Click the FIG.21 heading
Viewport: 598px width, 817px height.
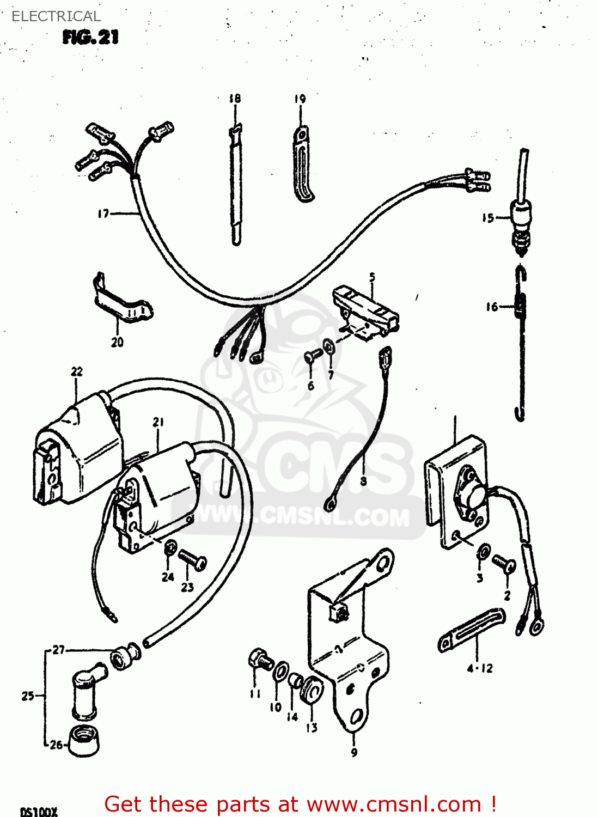pos(90,37)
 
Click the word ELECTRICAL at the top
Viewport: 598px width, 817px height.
pos(56,16)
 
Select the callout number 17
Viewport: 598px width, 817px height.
pos(103,214)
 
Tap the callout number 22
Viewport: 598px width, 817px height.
pos(77,371)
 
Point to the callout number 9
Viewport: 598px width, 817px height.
pos(354,753)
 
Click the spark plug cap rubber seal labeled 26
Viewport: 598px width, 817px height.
pos(85,741)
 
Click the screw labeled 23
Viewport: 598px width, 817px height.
pos(192,559)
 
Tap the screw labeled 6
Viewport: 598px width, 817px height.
pos(314,355)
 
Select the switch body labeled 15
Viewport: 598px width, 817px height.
pos(521,212)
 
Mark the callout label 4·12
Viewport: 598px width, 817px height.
pos(480,668)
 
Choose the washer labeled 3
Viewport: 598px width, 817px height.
pos(483,552)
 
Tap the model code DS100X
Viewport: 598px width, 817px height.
pos(39,812)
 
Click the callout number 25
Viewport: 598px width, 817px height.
pos(28,696)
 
